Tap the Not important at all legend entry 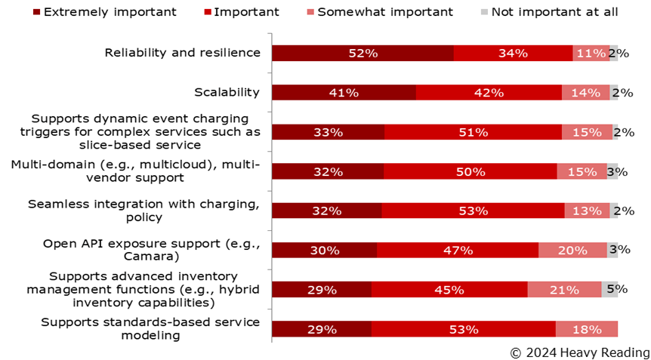551,11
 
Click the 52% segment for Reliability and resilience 363,53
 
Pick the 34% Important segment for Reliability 513,53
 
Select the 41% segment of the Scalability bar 344,92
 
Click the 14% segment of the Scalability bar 585,92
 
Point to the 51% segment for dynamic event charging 473,131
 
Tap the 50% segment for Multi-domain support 470,171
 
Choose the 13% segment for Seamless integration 587,211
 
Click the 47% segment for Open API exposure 458,250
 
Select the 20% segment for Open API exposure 572,250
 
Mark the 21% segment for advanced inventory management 564,289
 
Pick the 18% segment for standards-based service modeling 587,329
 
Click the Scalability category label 227,92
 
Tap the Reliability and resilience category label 182,53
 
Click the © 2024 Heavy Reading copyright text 579,352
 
